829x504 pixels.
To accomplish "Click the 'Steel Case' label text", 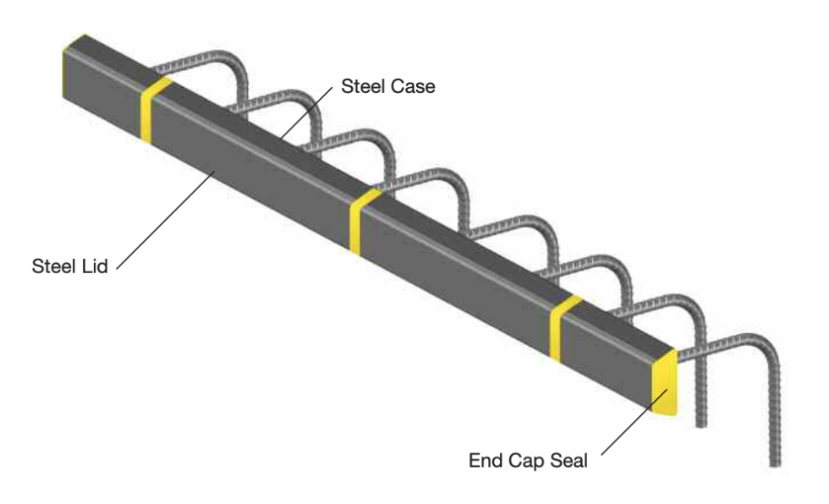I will point(387,86).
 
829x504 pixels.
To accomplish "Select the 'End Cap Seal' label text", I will point(525,463).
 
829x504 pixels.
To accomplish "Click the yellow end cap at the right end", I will point(666,384).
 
